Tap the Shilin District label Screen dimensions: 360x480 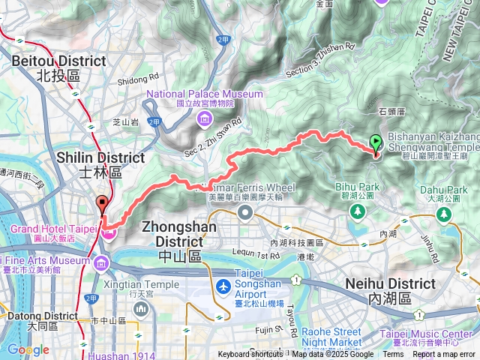click(101, 164)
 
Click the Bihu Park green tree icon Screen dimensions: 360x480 click(358, 211)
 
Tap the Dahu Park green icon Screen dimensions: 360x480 click(444, 216)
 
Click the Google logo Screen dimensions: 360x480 click(28, 349)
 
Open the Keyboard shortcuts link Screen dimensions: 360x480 click(251, 355)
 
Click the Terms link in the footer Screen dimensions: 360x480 click(393, 355)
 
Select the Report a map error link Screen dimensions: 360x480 click(445, 355)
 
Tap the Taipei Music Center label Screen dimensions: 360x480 click(435, 334)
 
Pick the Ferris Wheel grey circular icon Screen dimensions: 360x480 click(245, 212)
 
